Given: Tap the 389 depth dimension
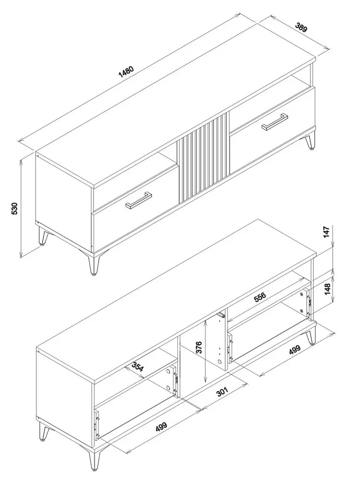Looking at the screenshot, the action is coord(301,27).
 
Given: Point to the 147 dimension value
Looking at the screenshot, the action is coord(327,232).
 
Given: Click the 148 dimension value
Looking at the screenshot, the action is coord(327,289).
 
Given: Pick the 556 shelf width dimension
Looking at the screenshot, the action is coord(259,297).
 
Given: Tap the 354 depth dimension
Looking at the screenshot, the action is coord(138,366).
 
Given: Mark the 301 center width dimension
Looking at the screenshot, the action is coord(223,392).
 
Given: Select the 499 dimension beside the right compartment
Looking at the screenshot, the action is coord(294,349).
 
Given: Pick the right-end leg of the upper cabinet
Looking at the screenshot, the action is coord(311,141).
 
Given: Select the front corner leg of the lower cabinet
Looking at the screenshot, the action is coord(94,460).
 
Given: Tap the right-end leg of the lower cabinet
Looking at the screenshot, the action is coord(311,336).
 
